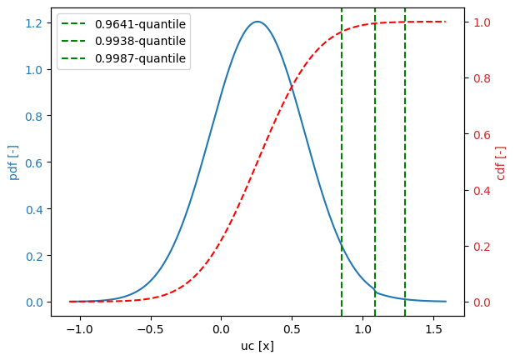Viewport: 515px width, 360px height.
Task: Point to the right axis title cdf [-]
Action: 501,162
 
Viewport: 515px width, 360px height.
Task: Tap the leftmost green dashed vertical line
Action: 342,167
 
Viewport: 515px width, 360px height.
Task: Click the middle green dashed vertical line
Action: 375,167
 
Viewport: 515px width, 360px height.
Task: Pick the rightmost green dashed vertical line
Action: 405,167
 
